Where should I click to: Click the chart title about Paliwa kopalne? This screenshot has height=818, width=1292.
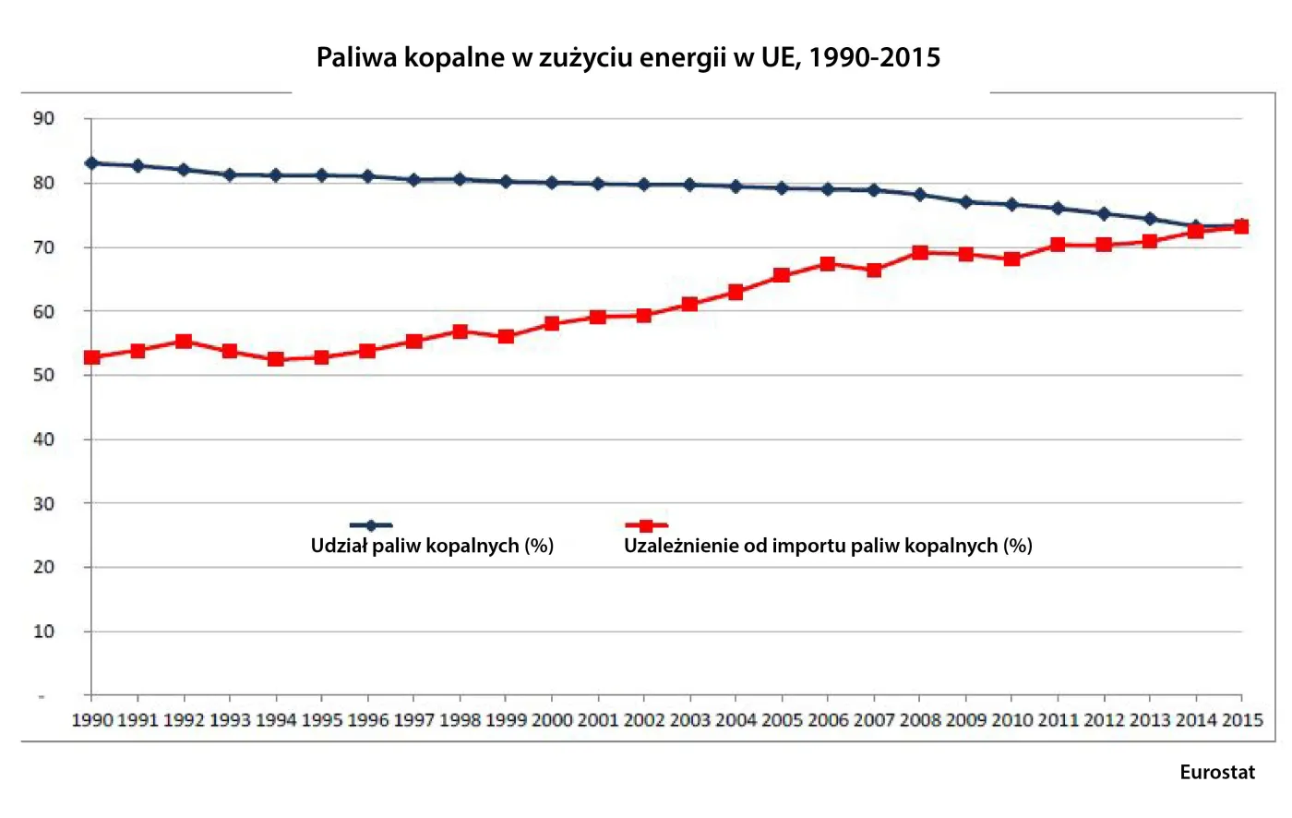(628, 57)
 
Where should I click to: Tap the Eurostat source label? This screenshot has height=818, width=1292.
(1216, 772)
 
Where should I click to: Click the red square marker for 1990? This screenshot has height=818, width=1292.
(91, 357)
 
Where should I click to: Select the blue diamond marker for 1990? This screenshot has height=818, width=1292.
(91, 163)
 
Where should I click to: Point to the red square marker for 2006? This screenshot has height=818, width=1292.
(827, 264)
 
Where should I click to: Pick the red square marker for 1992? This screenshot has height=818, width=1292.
(184, 342)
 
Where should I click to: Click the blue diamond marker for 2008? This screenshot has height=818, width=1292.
(919, 195)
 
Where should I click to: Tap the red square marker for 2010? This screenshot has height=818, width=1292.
(1011, 259)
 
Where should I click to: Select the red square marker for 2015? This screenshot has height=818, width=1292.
(1241, 226)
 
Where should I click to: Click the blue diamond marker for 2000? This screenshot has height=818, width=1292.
(552, 183)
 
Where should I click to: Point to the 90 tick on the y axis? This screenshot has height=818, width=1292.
(43, 118)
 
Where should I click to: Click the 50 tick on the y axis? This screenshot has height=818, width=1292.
(43, 375)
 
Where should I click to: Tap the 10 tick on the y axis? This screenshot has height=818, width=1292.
(43, 632)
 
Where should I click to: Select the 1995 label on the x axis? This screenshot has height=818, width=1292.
(321, 720)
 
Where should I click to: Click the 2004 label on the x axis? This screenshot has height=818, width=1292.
(736, 720)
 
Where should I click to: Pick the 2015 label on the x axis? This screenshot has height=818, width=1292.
(1241, 720)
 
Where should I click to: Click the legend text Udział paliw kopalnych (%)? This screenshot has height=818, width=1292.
(432, 546)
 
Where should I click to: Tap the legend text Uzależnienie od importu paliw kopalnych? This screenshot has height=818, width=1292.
(827, 546)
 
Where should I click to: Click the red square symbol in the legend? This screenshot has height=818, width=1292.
(646, 526)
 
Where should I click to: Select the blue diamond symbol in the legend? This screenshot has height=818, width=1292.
(371, 526)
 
